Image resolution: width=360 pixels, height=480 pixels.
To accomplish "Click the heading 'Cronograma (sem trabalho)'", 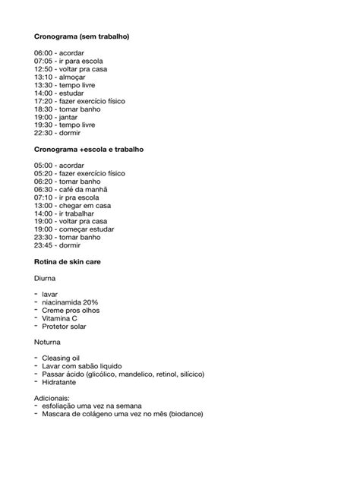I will [81, 36].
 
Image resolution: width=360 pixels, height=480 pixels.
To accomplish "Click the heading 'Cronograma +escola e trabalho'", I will [89, 149].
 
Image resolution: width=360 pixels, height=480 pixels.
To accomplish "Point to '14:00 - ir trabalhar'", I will [68, 213].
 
